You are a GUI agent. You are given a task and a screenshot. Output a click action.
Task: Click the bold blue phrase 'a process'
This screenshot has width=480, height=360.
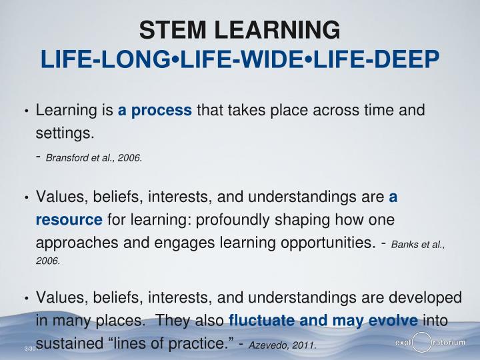pyautogui.click(x=155, y=110)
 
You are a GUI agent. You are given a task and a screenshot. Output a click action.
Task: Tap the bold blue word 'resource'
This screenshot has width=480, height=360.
pyautogui.click(x=69, y=220)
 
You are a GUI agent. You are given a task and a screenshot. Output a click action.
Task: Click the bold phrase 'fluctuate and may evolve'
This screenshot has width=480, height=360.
pyautogui.click(x=323, y=321)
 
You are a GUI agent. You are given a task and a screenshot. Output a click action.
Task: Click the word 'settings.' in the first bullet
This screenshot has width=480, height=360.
pyautogui.click(x=64, y=133)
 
